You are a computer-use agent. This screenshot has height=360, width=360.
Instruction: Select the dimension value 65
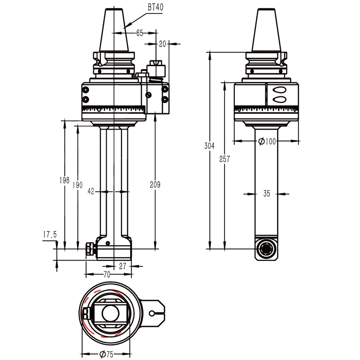139,33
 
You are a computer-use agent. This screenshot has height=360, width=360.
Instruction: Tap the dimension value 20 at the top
162,44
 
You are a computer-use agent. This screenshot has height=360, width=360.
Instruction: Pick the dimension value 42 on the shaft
91,191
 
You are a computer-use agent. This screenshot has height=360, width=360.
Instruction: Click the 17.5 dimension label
49,234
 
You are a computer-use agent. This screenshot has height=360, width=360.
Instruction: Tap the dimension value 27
122,265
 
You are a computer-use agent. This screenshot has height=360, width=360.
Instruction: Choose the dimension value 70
107,274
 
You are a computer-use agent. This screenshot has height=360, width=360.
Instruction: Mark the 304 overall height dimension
209,146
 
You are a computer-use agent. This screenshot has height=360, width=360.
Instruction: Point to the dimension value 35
266,194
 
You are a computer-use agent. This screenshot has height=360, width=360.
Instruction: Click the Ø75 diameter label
106,354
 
